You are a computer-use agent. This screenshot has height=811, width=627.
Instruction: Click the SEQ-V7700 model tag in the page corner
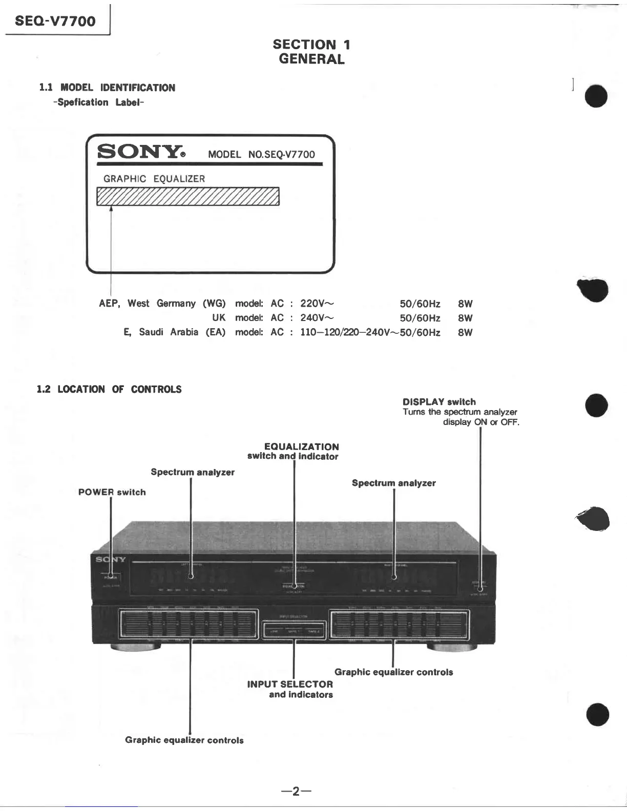(55, 21)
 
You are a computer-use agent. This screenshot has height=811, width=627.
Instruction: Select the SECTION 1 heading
(311, 45)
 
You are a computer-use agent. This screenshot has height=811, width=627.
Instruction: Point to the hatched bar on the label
(187, 197)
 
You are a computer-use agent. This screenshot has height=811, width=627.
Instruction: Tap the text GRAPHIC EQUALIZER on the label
(154, 179)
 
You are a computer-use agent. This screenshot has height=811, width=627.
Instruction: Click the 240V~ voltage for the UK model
(317, 318)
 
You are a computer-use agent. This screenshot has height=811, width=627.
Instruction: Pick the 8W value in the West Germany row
(465, 304)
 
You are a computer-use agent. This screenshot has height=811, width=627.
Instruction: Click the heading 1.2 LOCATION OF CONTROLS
(109, 389)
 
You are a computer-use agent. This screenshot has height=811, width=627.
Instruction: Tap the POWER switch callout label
(112, 492)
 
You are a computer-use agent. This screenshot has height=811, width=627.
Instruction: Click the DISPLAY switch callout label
(439, 402)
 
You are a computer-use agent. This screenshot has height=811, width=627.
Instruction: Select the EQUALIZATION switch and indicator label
(294, 451)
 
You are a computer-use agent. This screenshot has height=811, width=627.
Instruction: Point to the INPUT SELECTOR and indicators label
(290, 689)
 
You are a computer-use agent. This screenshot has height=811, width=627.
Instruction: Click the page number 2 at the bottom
(296, 792)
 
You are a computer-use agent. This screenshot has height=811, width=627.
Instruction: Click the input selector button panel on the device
(294, 630)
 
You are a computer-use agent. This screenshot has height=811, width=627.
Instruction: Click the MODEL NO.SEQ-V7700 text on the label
(261, 155)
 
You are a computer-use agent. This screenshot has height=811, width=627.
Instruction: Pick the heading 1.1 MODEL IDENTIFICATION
(107, 88)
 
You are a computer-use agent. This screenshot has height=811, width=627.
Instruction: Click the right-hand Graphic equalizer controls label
(393, 672)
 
